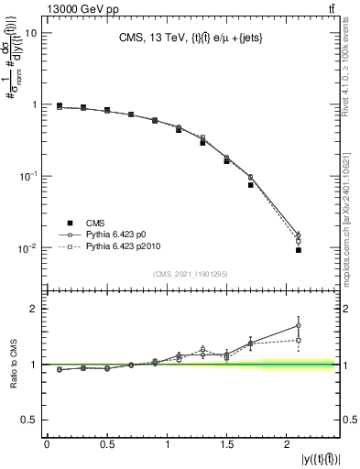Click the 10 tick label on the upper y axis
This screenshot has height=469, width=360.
pos(29,33)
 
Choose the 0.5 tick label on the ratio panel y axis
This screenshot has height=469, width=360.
pos(28,420)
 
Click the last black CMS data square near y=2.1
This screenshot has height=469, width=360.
pos(299,250)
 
